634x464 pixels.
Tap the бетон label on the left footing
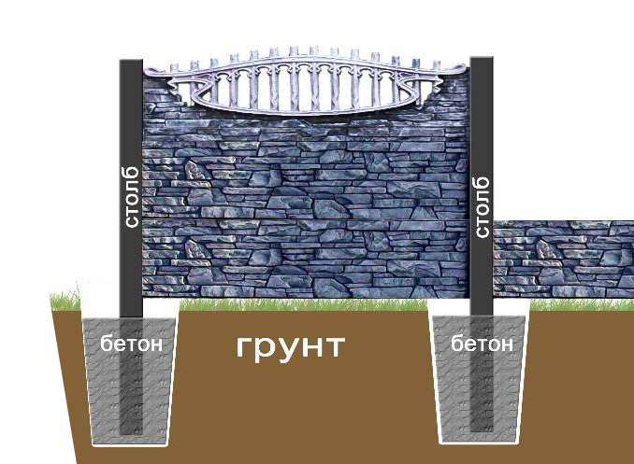[x=132, y=344]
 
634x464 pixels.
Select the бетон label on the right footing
[x=482, y=344]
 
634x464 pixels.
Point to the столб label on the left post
[x=131, y=197]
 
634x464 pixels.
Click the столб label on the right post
[x=483, y=204]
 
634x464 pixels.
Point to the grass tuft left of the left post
[x=71, y=301]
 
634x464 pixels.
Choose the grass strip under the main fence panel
[x=299, y=303]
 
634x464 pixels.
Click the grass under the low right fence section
[x=570, y=304]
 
